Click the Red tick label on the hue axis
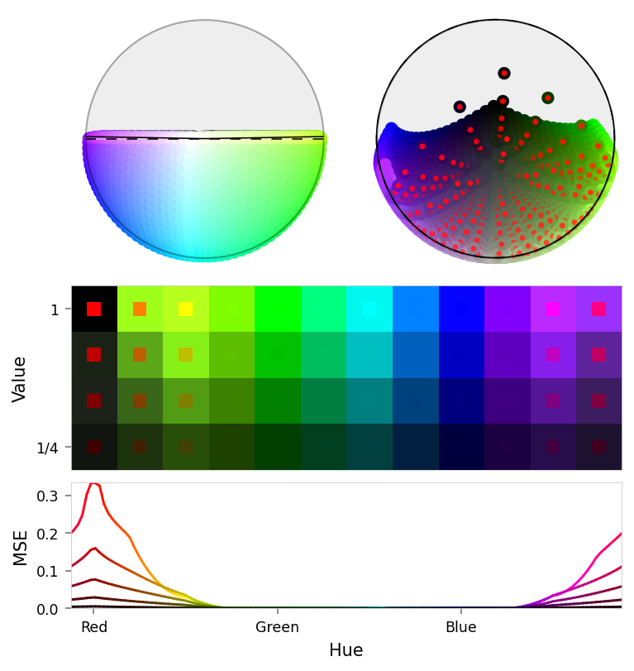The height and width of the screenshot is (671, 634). pos(94,627)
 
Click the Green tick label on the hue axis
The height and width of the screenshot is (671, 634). pos(277,627)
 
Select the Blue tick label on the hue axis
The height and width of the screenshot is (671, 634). pos(460,627)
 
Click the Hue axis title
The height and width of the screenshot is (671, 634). pos(346,650)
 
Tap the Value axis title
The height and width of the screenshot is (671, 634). pos(21,378)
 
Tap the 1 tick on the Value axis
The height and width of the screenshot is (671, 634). pos(55,309)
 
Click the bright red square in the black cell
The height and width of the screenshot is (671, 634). pos(94,309)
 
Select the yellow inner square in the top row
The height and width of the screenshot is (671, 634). pos(185,309)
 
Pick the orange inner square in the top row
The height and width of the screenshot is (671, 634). pos(140,309)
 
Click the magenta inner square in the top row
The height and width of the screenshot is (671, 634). pos(553,309)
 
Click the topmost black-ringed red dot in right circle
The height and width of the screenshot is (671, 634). pos(504,73)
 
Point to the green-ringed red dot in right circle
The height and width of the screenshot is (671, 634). pos(547,98)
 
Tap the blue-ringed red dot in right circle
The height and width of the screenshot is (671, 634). pos(460,107)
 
